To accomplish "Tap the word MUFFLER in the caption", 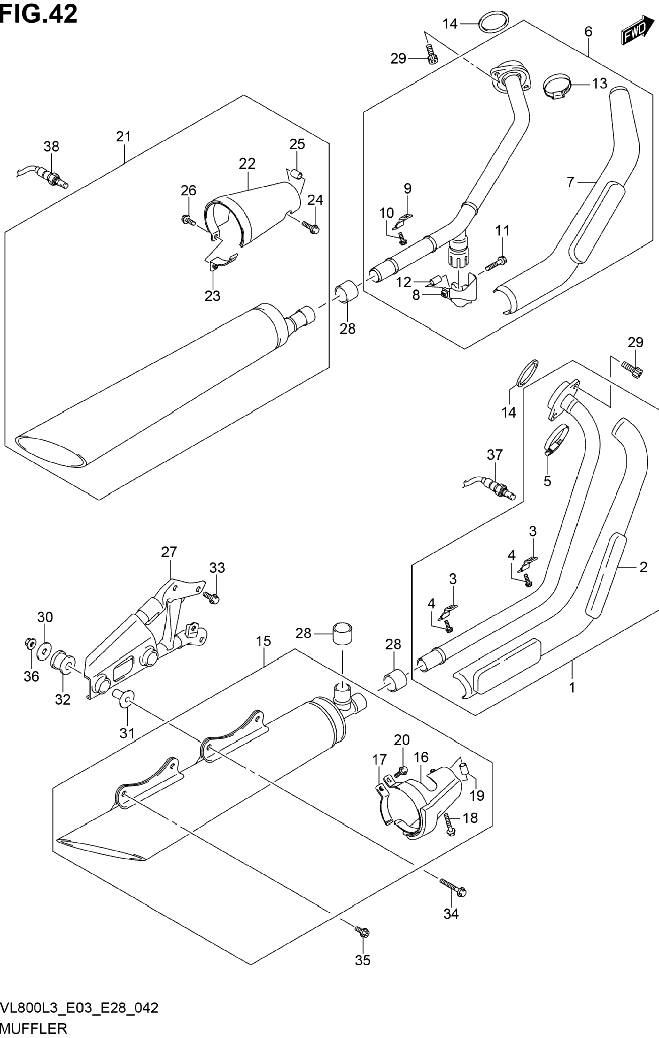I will (x=34, y=1028).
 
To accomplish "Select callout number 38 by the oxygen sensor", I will (x=51, y=147).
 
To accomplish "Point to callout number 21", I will (x=123, y=137).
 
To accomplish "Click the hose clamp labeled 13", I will (x=556, y=88).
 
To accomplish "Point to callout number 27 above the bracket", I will (x=169, y=552).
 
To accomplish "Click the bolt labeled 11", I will (x=497, y=263).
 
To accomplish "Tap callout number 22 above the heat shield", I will (x=247, y=164).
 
